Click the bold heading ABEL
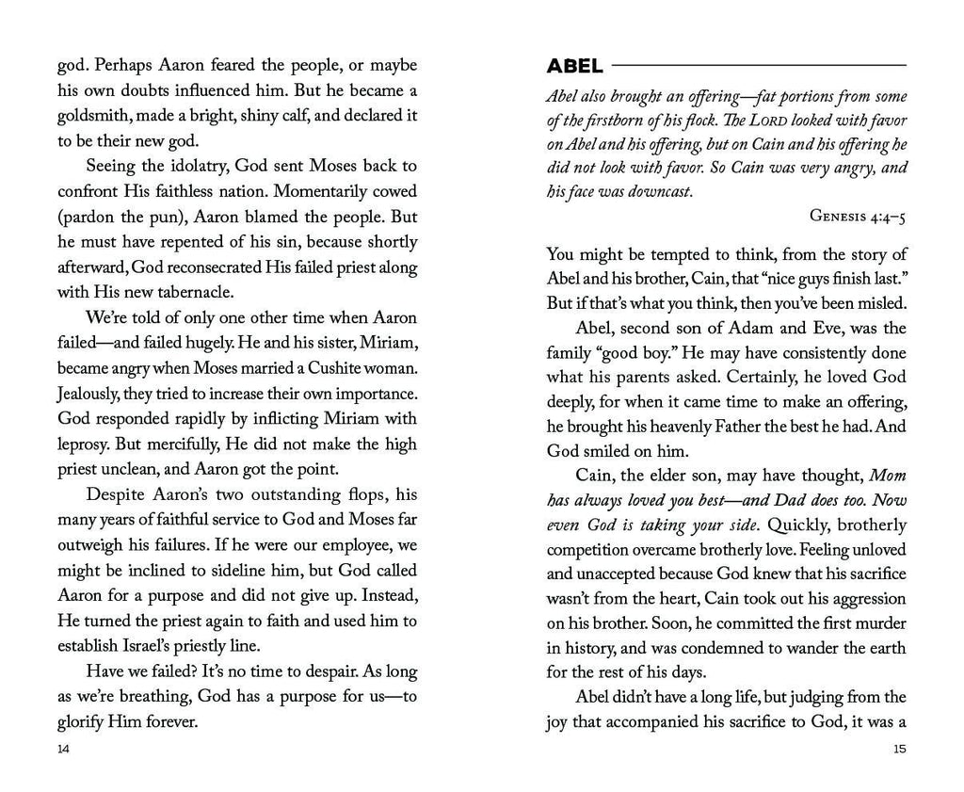pyautogui.click(x=575, y=66)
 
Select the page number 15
pyautogui.click(x=899, y=750)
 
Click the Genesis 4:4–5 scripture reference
pyautogui.click(x=858, y=216)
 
